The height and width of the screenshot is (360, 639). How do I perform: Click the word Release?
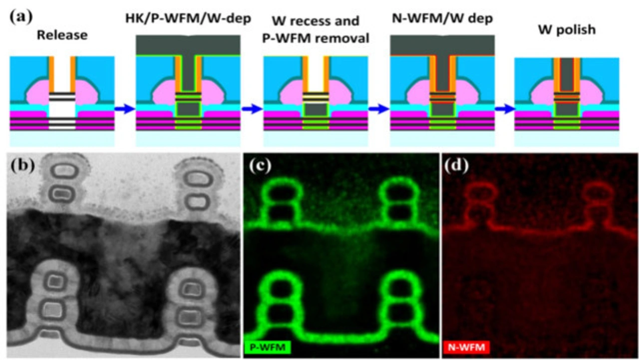(x=62, y=35)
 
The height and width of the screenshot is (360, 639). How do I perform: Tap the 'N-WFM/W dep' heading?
(x=442, y=21)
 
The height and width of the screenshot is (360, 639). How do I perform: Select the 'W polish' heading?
(x=567, y=29)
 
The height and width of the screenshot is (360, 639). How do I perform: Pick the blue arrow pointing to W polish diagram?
(x=504, y=109)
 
